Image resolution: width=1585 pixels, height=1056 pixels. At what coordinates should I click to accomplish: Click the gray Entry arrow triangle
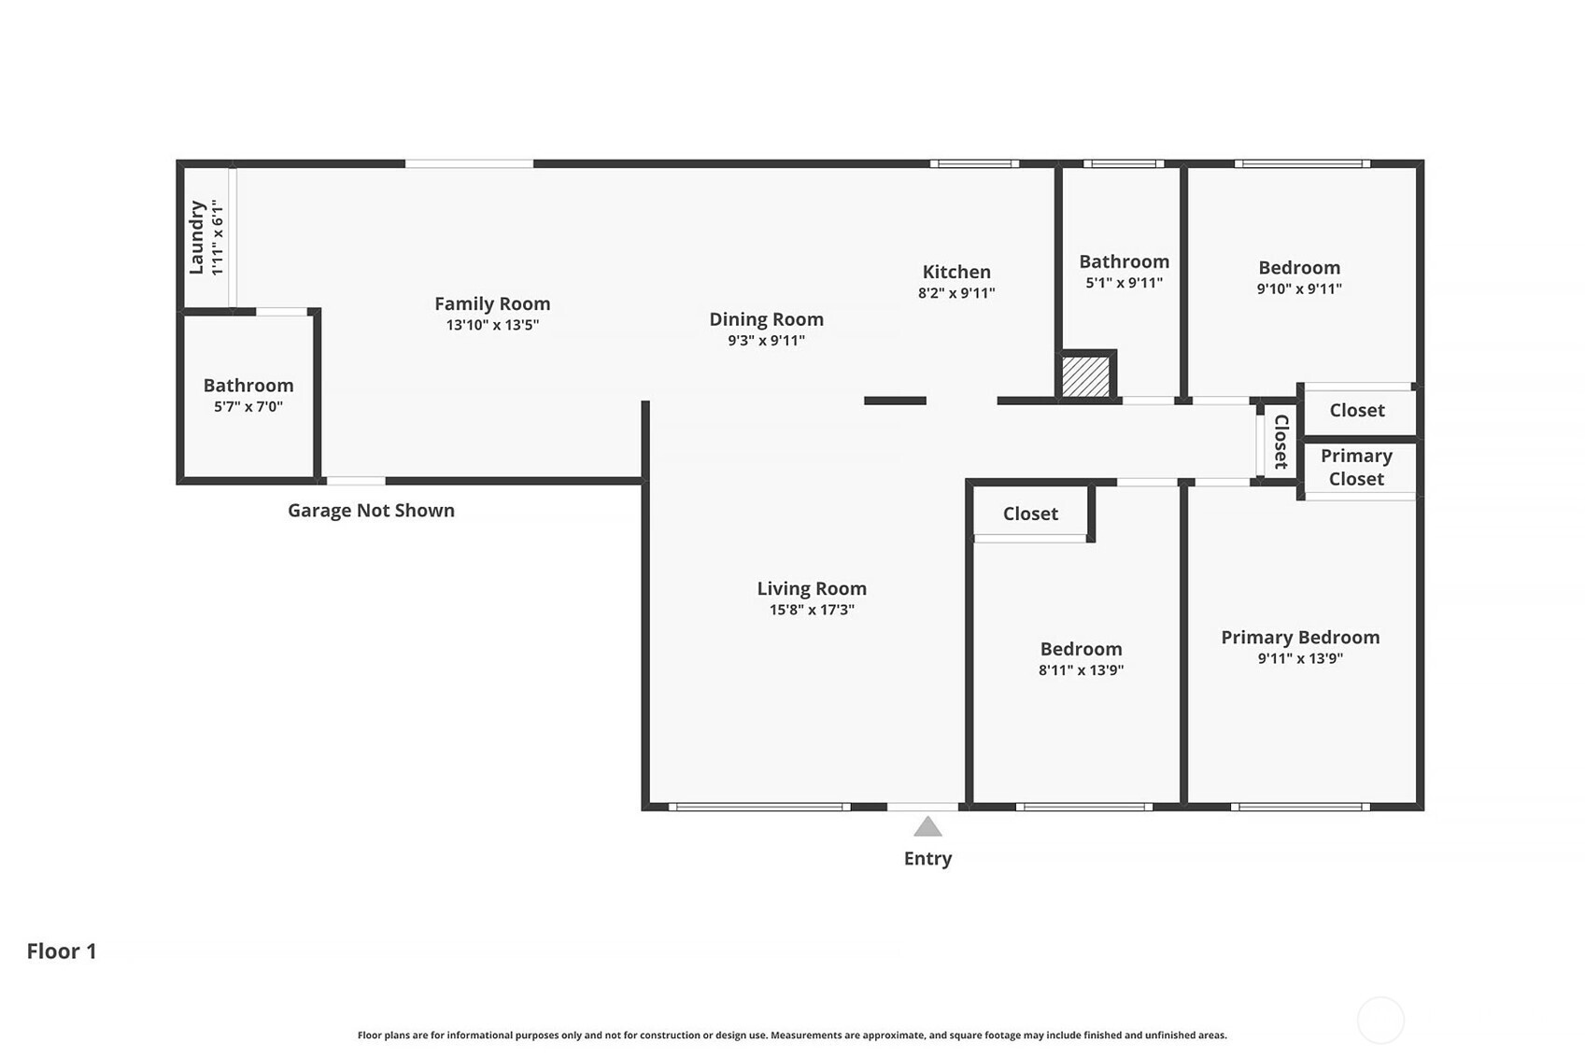pyautogui.click(x=927, y=827)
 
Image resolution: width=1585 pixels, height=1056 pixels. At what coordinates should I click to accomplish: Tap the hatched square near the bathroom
pyautogui.click(x=1086, y=376)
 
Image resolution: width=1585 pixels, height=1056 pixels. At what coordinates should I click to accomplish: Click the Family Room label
pyautogui.click(x=492, y=303)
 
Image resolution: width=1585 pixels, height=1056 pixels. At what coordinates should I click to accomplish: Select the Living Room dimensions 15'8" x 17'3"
pyautogui.click(x=812, y=610)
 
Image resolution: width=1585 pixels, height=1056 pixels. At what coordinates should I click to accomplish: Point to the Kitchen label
pyautogui.click(x=956, y=272)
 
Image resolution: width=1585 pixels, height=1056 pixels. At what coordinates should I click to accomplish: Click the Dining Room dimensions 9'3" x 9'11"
pyautogui.click(x=766, y=340)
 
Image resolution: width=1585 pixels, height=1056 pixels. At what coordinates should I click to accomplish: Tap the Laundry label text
pyautogui.click(x=197, y=237)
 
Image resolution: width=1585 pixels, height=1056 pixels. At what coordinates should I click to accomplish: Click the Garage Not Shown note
pyautogui.click(x=371, y=510)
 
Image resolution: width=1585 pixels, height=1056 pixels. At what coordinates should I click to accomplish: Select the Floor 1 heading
pyautogui.click(x=62, y=951)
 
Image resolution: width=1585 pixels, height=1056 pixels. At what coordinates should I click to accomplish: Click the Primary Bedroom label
pyautogui.click(x=1300, y=638)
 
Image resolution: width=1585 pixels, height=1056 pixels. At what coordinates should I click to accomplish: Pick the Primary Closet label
pyautogui.click(x=1356, y=467)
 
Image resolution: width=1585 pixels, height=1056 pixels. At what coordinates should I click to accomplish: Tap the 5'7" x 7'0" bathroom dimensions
pyautogui.click(x=248, y=407)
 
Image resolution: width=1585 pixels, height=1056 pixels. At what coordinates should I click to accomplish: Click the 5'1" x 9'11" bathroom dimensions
pyautogui.click(x=1125, y=283)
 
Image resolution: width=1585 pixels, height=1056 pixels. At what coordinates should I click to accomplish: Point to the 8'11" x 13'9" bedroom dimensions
pyautogui.click(x=1082, y=669)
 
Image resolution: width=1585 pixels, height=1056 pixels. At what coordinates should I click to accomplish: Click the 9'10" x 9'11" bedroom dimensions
pyautogui.click(x=1299, y=289)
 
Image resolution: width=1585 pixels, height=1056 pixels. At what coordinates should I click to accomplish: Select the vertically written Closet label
pyautogui.click(x=1281, y=442)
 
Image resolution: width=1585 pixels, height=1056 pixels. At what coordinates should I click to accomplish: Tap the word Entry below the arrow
pyautogui.click(x=927, y=858)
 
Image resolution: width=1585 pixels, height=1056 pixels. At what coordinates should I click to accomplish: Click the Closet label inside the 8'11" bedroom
pyautogui.click(x=1030, y=514)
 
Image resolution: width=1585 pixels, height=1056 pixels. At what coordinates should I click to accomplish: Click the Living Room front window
pyautogui.click(x=759, y=807)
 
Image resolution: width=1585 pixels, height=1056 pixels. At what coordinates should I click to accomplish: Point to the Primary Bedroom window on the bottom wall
pyautogui.click(x=1300, y=807)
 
